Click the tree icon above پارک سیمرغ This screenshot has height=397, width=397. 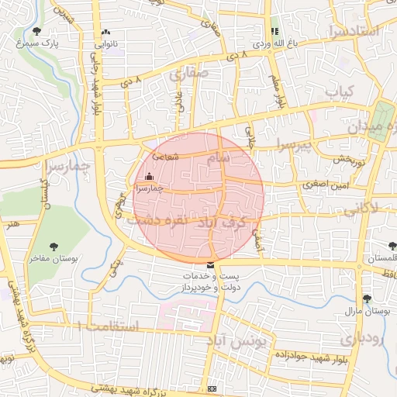[x=37, y=31]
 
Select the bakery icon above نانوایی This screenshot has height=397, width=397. [x=105, y=33]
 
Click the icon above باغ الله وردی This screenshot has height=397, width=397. [x=274, y=31]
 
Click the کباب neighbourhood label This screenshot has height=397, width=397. [x=339, y=93]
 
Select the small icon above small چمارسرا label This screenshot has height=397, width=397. [x=150, y=176]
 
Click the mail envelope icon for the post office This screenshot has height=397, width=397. [x=211, y=266]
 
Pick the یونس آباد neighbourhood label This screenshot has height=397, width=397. [x=241, y=339]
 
